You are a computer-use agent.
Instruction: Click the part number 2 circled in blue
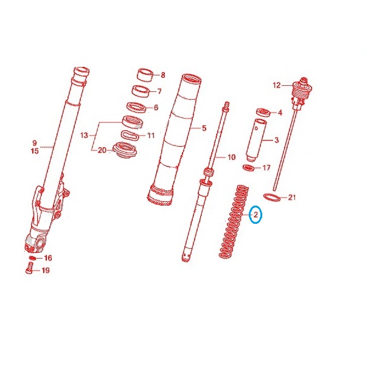click(x=255, y=215)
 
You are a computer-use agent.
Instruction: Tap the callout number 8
click(x=163, y=75)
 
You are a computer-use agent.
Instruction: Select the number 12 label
click(x=277, y=85)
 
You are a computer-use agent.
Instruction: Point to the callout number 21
click(x=291, y=198)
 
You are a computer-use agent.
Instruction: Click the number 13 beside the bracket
click(x=85, y=135)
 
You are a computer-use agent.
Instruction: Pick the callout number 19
click(x=46, y=270)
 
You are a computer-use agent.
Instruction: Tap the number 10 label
click(x=231, y=158)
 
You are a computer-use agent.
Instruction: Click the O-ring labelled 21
click(x=272, y=196)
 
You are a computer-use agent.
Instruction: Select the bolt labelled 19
click(x=29, y=268)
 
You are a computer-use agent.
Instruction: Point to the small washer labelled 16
click(x=32, y=258)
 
